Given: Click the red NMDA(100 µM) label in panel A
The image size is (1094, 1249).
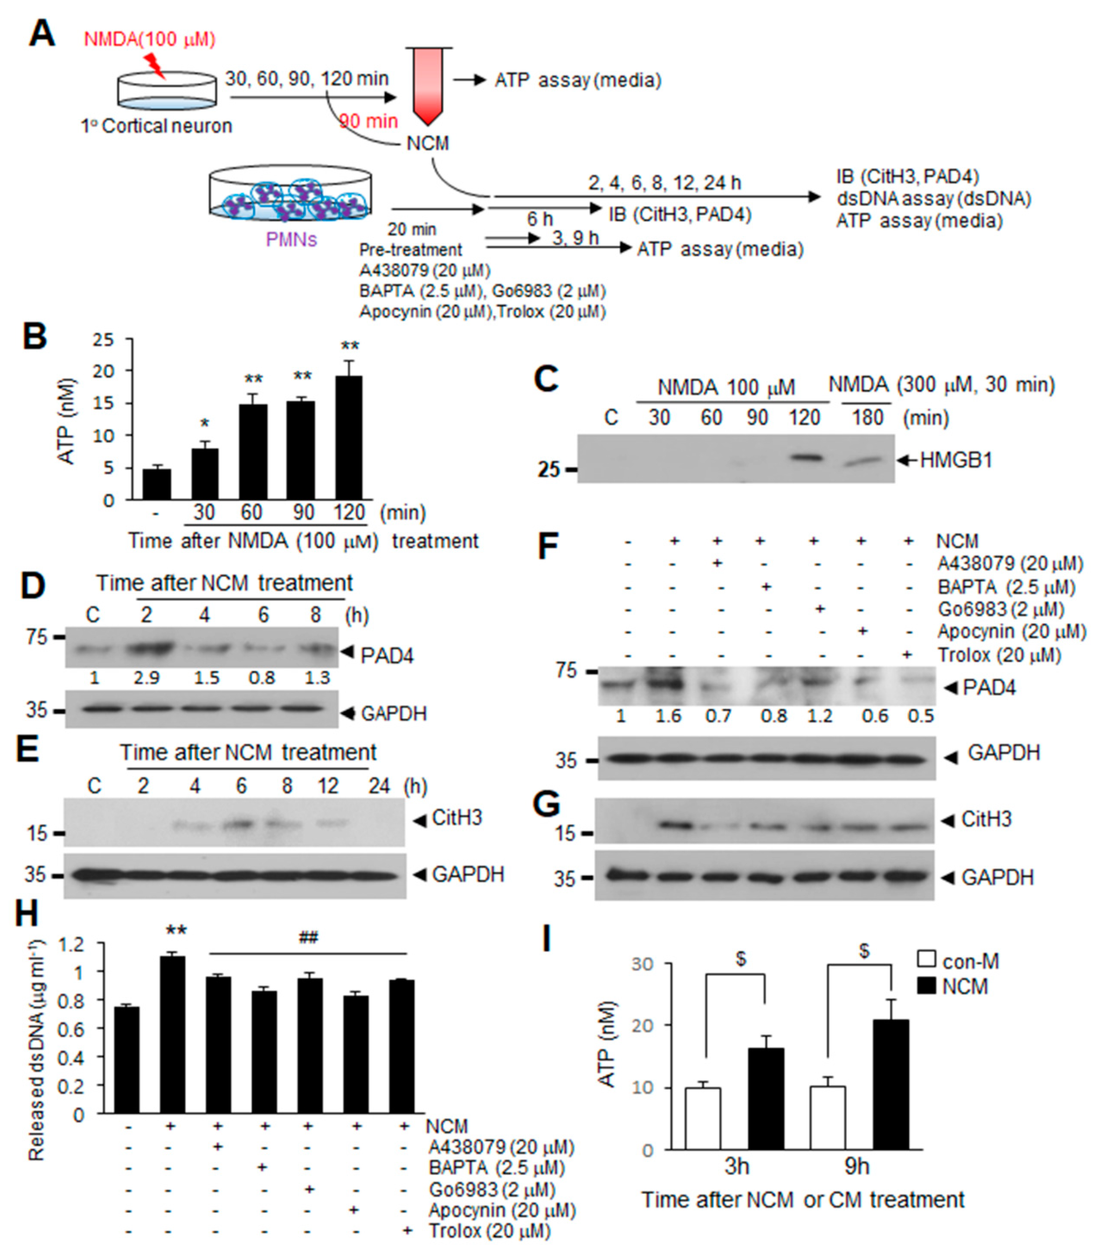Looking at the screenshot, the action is coord(149,39).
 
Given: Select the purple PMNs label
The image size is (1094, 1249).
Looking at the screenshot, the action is coord(291,239).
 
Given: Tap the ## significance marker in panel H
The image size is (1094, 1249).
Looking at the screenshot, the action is coord(308,937).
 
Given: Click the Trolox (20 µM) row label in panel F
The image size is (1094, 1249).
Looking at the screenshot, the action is coord(999,655).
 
